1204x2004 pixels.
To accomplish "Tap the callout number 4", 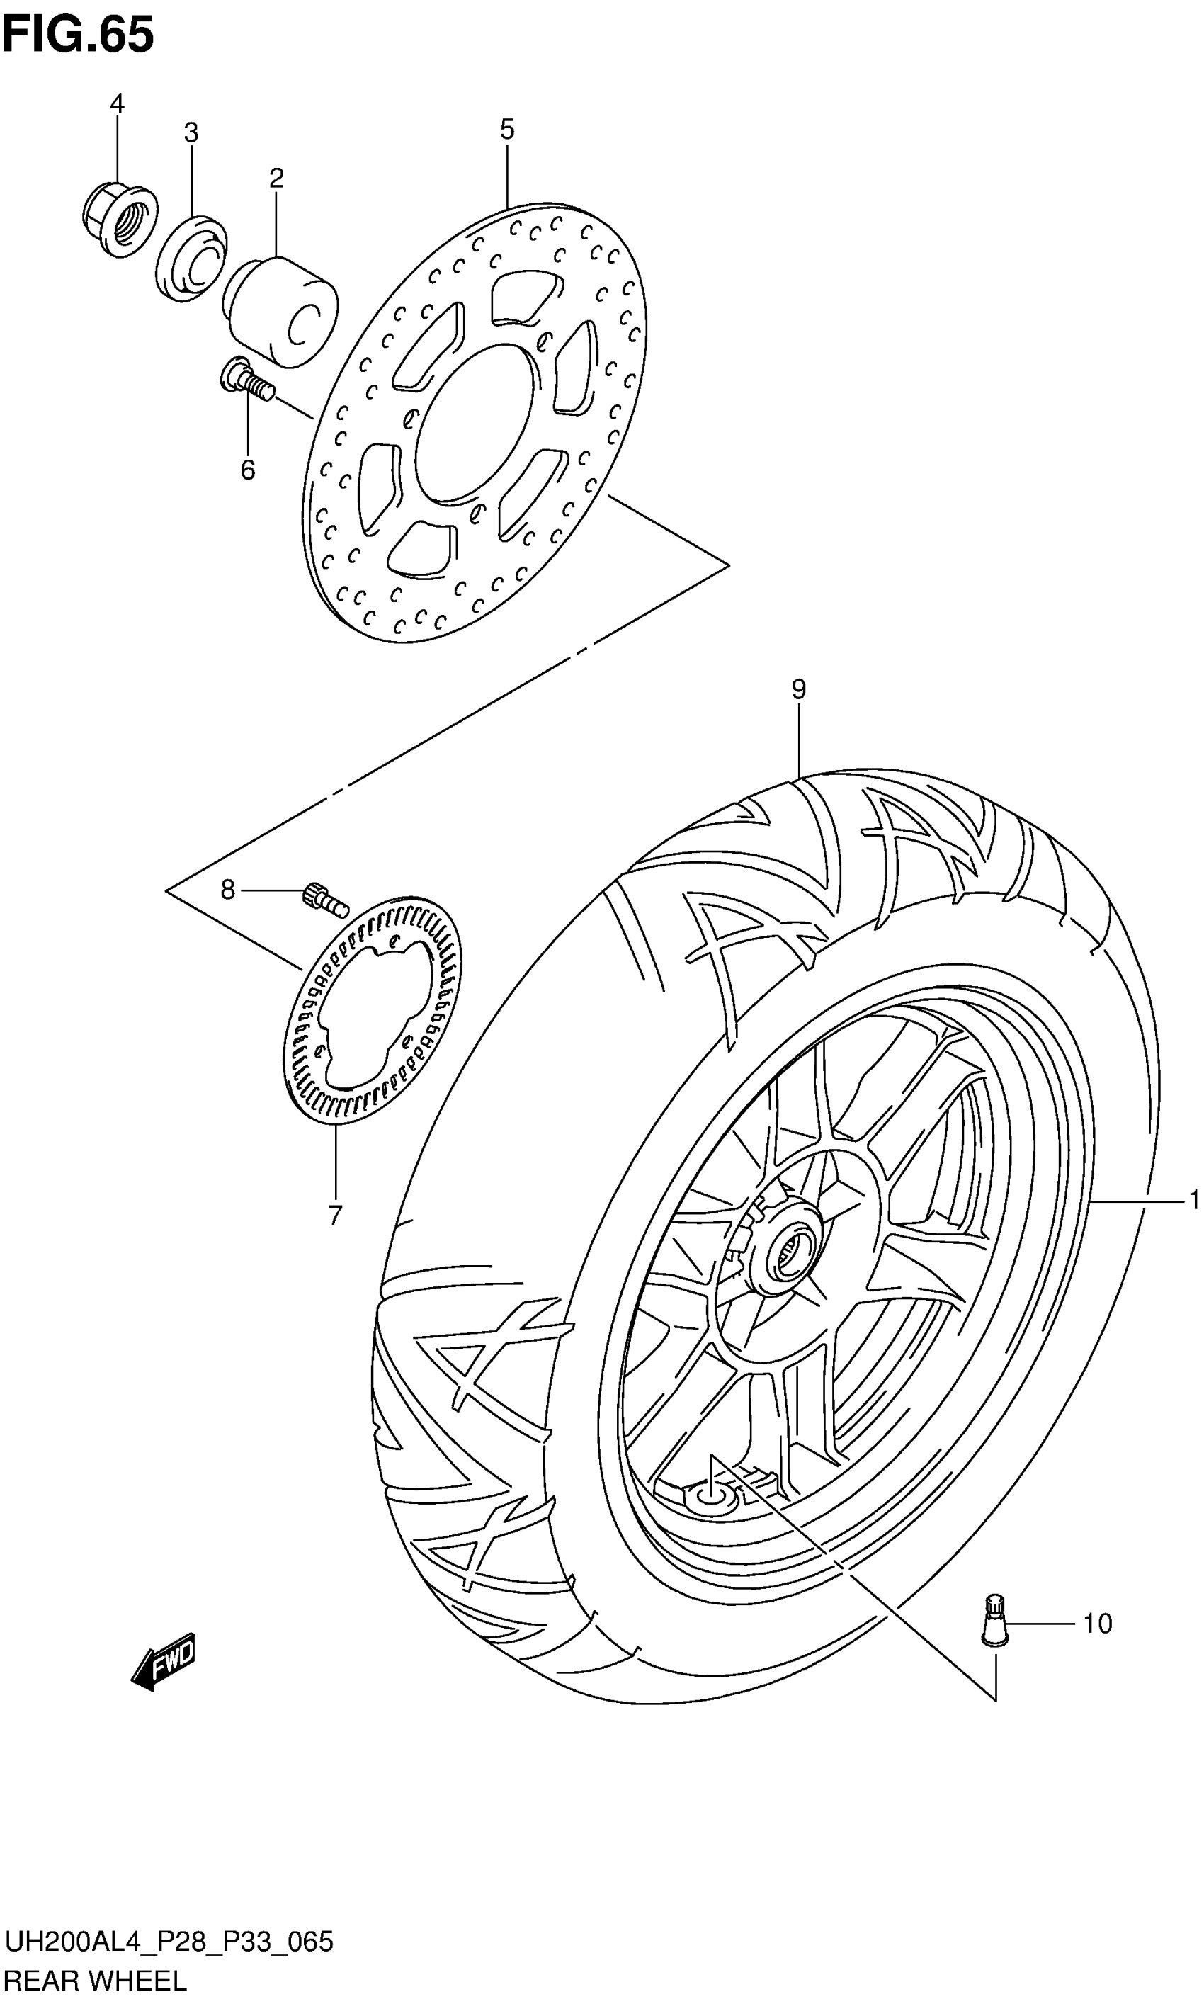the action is pyautogui.click(x=117, y=104).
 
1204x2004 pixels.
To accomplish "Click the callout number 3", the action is pyautogui.click(x=191, y=132).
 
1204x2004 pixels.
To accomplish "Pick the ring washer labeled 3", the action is pyautogui.click(x=191, y=259).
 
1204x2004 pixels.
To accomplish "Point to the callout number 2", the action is pyautogui.click(x=277, y=179).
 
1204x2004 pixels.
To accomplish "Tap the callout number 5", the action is pyautogui.click(x=507, y=129).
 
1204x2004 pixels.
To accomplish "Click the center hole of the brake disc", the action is pyautogui.click(x=475, y=422).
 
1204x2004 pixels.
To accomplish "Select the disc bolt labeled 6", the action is pyautogui.click(x=246, y=381).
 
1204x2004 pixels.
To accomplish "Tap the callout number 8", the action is pyautogui.click(x=228, y=890).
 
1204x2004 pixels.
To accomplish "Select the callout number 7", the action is pyautogui.click(x=335, y=1216).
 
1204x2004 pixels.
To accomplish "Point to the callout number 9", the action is pyautogui.click(x=798, y=690).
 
